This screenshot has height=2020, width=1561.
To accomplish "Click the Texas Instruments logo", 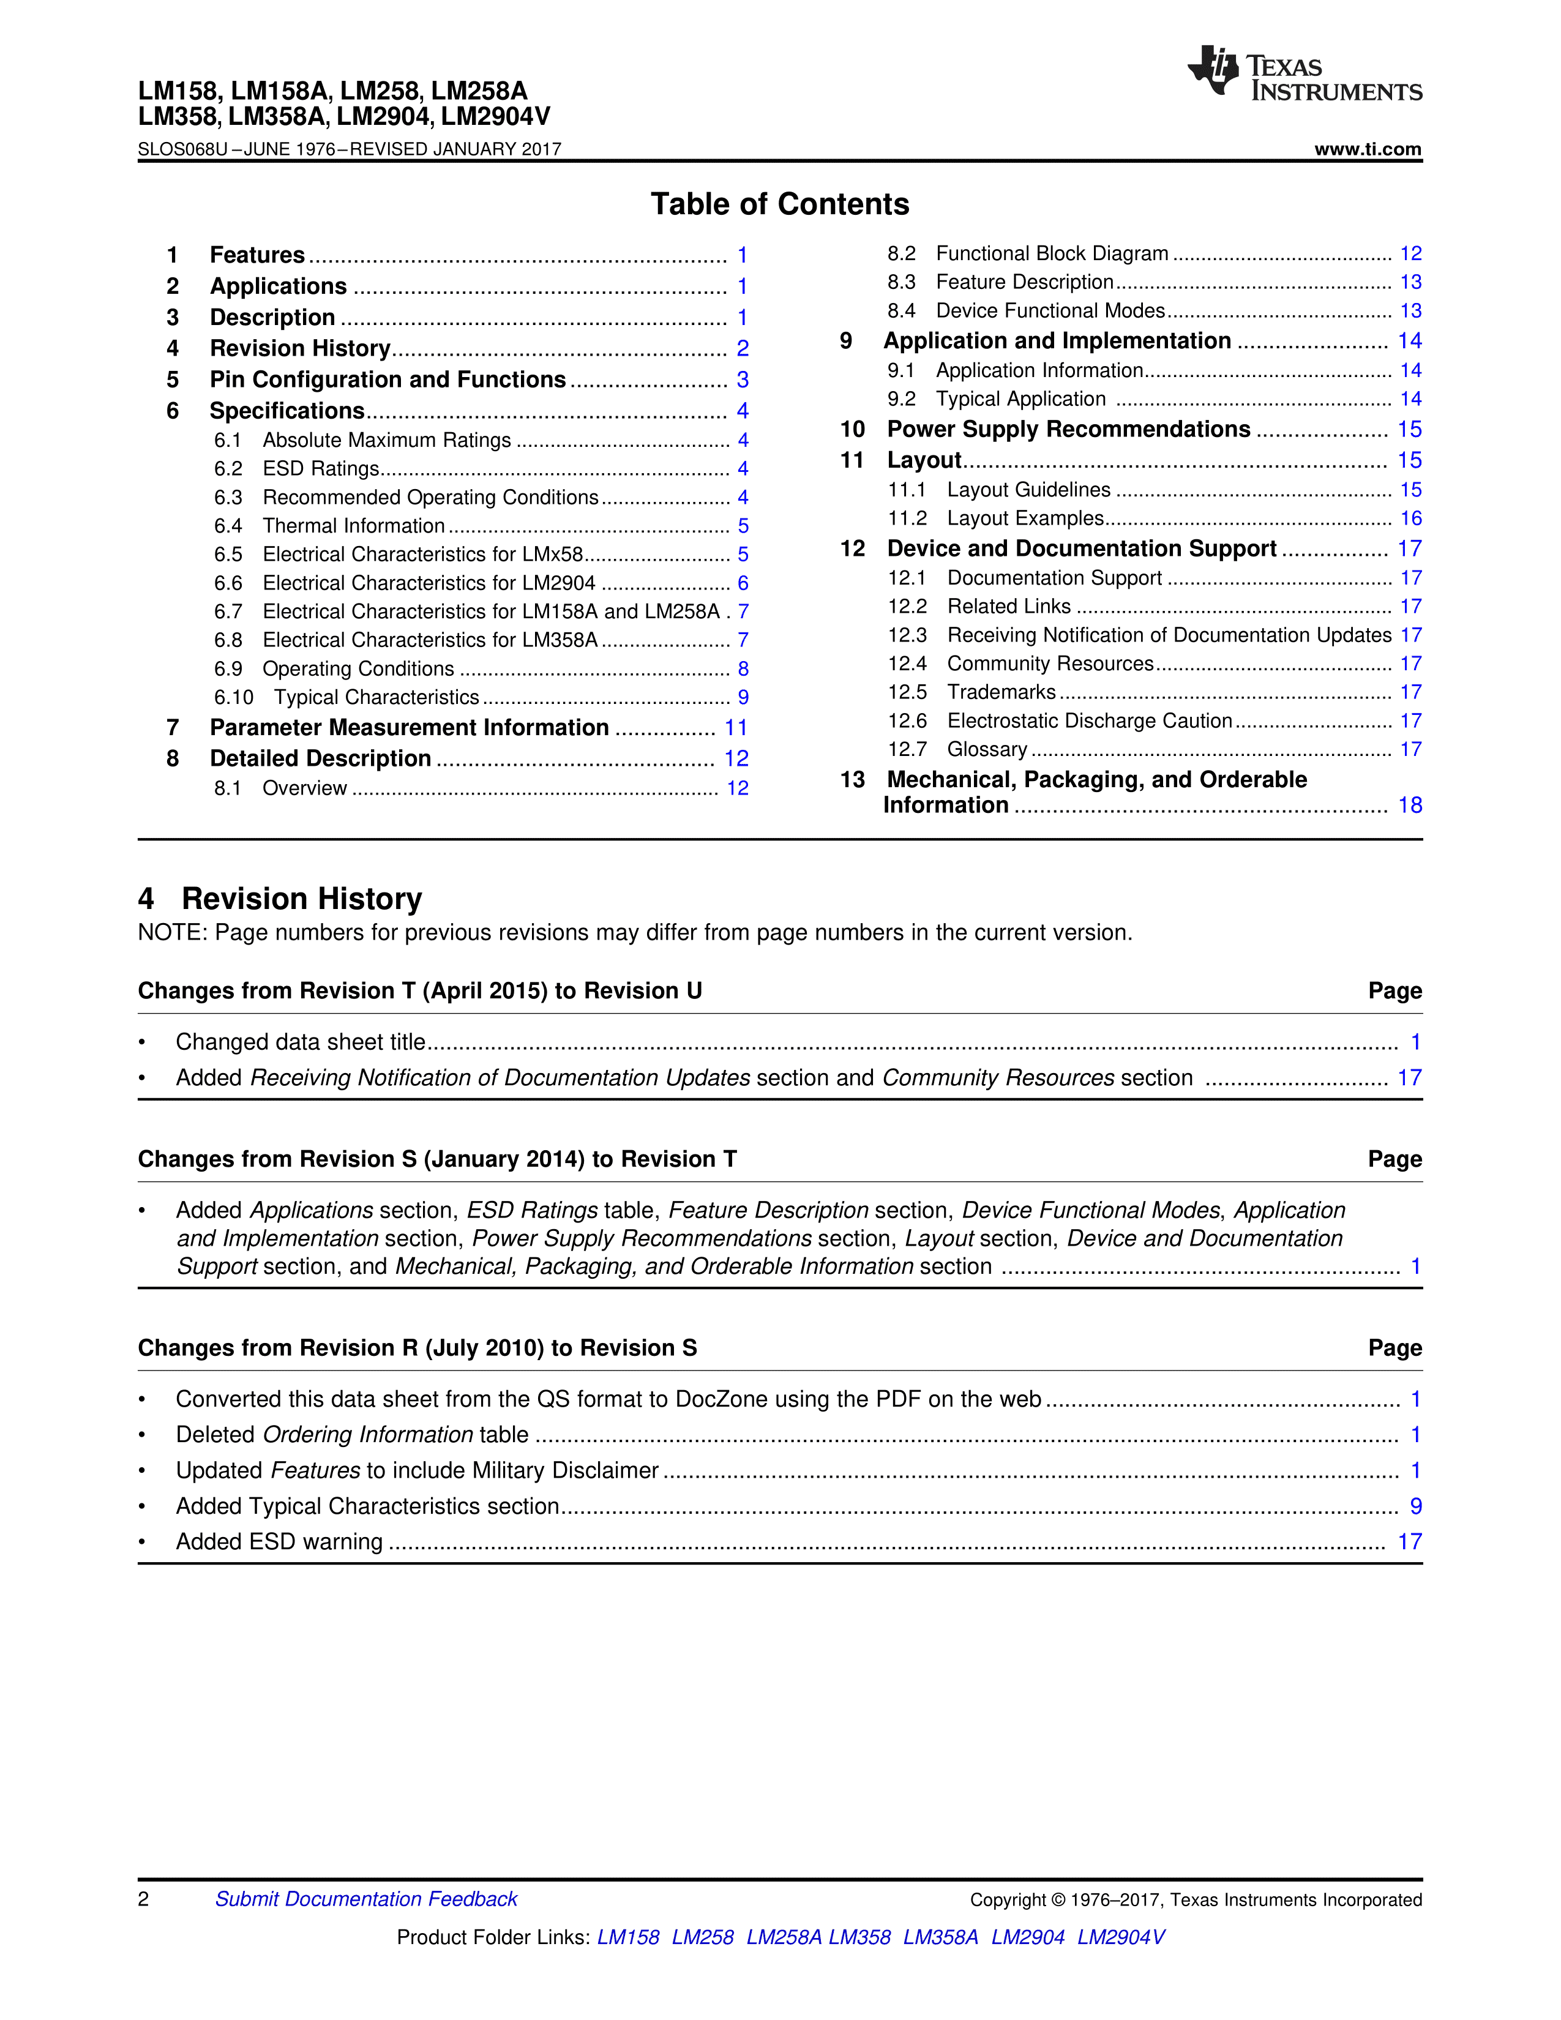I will pos(1304,73).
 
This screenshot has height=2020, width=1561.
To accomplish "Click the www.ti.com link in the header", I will pos(1367,149).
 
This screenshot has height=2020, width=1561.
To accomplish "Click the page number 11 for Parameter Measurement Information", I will pos(735,728).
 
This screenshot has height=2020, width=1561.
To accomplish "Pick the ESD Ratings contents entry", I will pos(321,469).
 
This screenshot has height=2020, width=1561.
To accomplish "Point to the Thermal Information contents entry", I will pos(353,526).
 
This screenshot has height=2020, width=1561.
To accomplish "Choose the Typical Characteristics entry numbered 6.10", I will pos(376,697).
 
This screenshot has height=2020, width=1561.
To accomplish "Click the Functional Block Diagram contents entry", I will pos(1052,253).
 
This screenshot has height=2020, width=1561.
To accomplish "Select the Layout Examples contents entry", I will pos(1025,519).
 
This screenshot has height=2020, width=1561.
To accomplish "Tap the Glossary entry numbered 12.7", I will pos(987,749).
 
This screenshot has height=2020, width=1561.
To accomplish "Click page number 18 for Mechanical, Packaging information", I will pos(1409,806).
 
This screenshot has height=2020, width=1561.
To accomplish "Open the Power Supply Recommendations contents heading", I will pos(1068,429).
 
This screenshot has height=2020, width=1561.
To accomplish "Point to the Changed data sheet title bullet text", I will pos(301,1042).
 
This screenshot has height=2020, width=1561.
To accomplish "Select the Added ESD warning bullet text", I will pos(279,1542).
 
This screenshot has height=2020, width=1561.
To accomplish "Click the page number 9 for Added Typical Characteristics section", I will pos(1415,1506).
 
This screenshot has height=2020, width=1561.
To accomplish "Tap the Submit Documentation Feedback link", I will pos(366,1899).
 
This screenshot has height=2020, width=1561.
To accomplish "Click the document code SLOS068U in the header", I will pos(182,149).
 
